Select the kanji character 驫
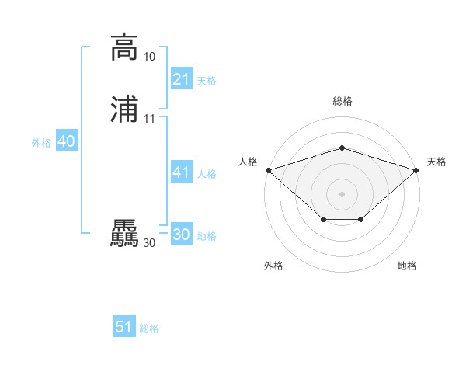(x=124, y=234)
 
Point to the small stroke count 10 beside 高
(x=149, y=57)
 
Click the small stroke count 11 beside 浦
(x=149, y=119)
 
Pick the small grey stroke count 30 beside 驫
(x=149, y=243)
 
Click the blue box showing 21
(x=181, y=79)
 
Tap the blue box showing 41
(x=181, y=172)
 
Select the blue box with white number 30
(x=181, y=235)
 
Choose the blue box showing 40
(x=66, y=141)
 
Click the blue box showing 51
(x=124, y=327)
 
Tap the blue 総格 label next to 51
(x=149, y=328)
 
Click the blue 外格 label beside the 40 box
(x=41, y=143)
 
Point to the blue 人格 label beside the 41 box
(x=207, y=174)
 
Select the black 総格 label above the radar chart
(x=342, y=101)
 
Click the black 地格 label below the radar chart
(x=407, y=266)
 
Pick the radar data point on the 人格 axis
(x=268, y=169)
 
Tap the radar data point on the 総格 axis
(x=342, y=148)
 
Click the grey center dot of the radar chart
(x=342, y=193)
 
